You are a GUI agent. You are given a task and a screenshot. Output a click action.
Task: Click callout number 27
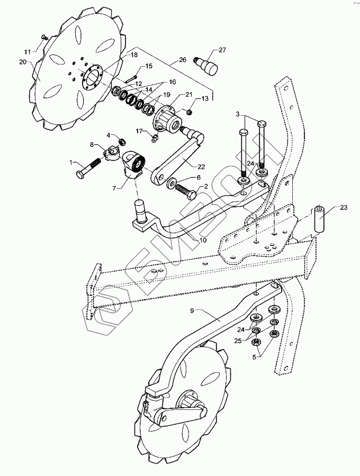pyautogui.click(x=222, y=50)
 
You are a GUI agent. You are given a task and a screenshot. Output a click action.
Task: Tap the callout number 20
pyautogui.click(x=22, y=62)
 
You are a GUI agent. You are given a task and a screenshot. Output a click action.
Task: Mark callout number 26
pyautogui.click(x=183, y=60)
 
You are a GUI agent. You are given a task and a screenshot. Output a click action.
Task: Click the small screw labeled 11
pyautogui.click(x=44, y=36)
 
